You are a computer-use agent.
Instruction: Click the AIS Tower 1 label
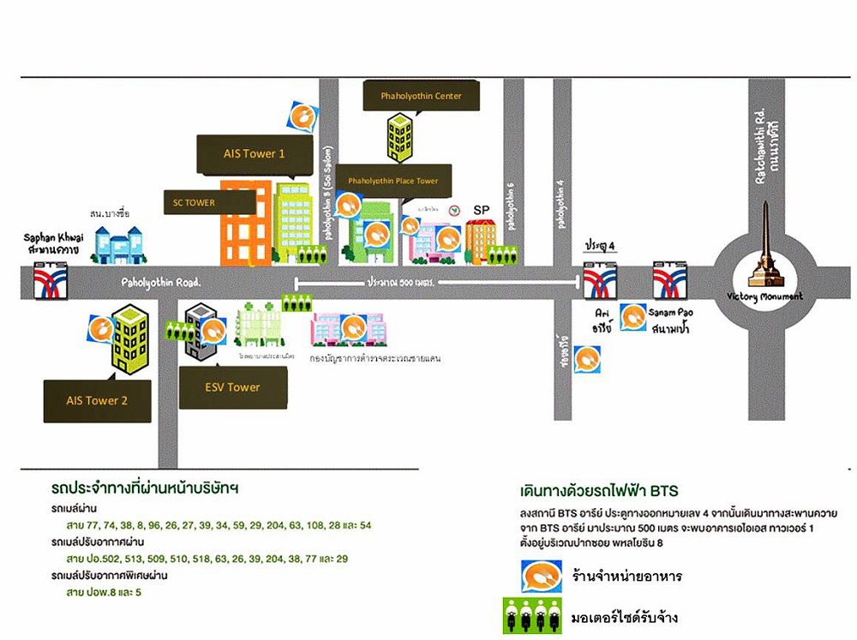254,154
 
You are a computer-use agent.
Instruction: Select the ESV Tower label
231,387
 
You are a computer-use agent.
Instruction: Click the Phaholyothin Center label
421,96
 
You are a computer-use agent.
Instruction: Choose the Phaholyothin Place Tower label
393,181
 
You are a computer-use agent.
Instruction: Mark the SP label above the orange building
482,210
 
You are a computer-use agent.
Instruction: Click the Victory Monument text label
776,296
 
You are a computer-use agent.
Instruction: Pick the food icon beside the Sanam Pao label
634,317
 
